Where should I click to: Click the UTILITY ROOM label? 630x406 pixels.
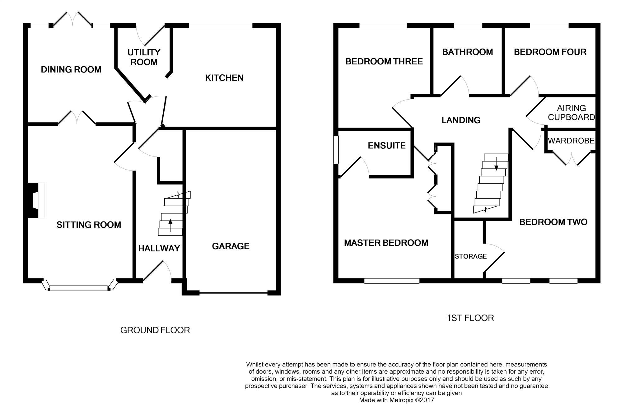click(x=144, y=57)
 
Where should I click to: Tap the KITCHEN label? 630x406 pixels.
click(x=224, y=78)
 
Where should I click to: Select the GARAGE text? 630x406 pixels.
click(x=231, y=246)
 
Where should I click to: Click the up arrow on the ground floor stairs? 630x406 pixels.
click(x=170, y=226)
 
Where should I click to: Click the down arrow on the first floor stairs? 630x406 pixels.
click(x=496, y=163)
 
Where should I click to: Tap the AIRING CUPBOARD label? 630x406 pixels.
click(x=572, y=113)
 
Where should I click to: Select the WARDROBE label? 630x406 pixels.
click(x=571, y=141)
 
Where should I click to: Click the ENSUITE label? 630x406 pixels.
click(x=387, y=146)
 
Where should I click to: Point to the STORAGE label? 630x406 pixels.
click(x=471, y=256)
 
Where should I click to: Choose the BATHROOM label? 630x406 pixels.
click(x=468, y=52)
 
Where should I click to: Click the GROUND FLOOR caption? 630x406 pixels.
click(x=155, y=330)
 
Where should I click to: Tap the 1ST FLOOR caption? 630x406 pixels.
click(x=470, y=318)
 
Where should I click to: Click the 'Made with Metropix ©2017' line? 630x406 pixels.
click(x=396, y=400)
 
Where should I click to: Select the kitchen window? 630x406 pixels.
click(x=220, y=26)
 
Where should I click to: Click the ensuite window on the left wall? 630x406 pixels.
click(x=336, y=149)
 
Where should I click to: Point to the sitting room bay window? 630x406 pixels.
click(x=80, y=286)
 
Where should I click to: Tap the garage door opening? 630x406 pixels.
click(x=233, y=293)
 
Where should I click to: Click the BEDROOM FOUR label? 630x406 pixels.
click(x=550, y=52)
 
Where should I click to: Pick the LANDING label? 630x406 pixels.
click(x=461, y=120)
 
